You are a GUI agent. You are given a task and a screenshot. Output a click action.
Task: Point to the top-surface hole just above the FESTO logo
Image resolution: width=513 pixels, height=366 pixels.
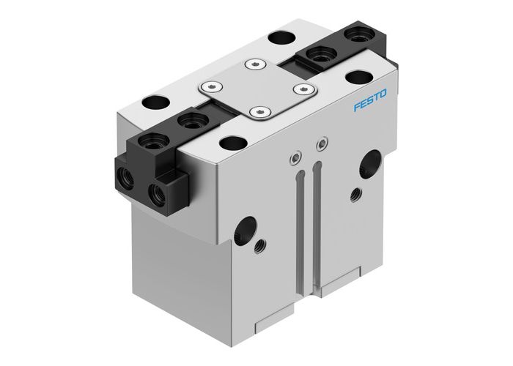tap(359, 78)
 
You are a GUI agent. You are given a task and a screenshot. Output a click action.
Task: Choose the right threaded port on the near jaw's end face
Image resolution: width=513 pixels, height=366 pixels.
tap(156, 193)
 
